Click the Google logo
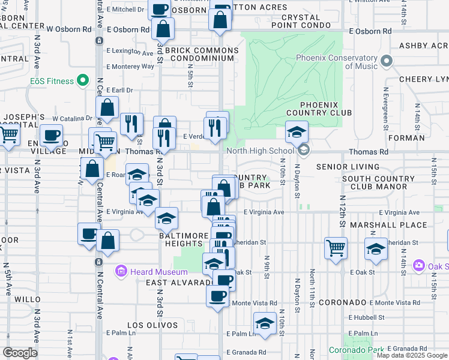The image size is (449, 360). coord(20,352)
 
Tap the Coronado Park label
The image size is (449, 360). coord(356,349)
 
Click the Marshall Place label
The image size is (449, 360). coord(390,225)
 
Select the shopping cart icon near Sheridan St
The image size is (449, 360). coord(336,247)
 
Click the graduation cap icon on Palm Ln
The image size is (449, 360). coord(264,323)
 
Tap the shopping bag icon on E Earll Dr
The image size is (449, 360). coord(107,109)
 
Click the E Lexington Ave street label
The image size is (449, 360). coord(130,53)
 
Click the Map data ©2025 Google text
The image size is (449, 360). coord(412,355)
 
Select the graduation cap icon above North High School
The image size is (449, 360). coord(296,131)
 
